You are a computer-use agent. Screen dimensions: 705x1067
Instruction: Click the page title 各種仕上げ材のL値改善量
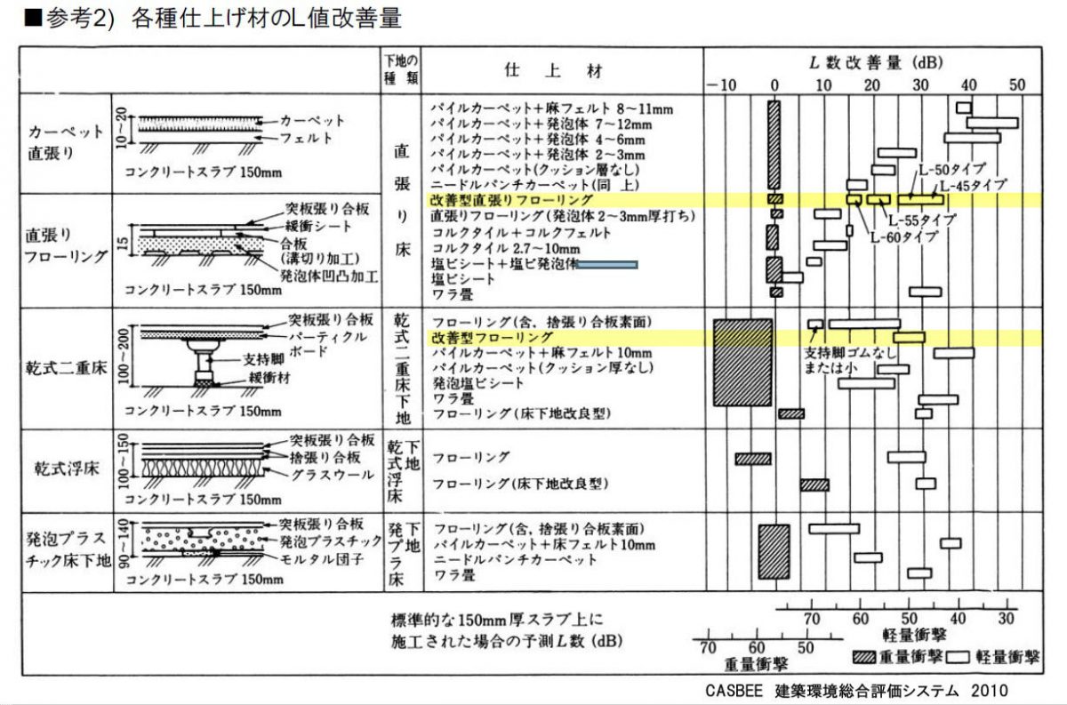pos(267,18)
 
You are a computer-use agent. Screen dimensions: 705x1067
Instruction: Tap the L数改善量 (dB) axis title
pos(876,62)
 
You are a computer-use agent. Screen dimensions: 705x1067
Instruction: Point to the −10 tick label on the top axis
pos(722,85)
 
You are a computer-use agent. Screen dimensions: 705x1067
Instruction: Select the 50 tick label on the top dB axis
pos(1017,85)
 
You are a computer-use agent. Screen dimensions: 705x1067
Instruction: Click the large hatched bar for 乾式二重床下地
pos(742,361)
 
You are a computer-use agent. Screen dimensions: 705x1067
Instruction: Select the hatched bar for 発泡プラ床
pos(773,552)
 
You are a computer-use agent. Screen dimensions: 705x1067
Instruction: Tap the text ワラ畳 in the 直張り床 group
pos(451,292)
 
